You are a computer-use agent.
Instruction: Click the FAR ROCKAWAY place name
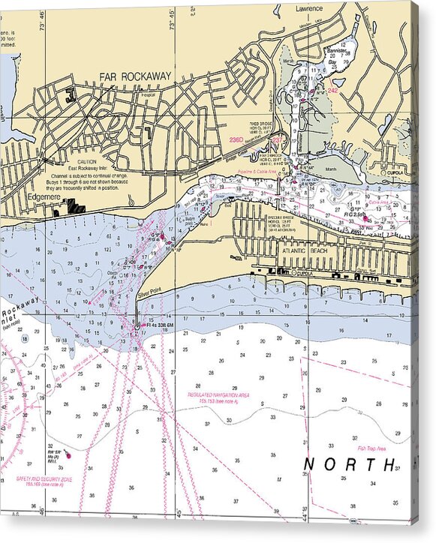[135, 76]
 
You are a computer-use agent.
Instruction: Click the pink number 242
[333, 90]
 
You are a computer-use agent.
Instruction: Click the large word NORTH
[350, 464]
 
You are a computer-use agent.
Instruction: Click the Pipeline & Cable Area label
[262, 172]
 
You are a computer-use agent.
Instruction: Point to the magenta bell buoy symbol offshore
[68, 454]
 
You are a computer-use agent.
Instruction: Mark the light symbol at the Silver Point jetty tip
[136, 325]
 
